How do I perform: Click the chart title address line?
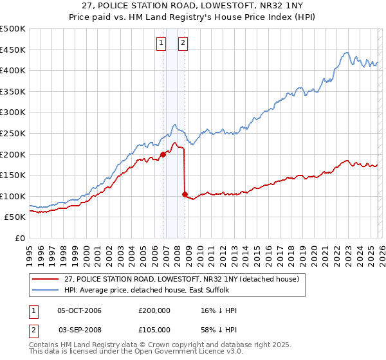coord(193,6)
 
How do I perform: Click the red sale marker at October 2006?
coord(163,154)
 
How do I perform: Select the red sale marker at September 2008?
coord(185,194)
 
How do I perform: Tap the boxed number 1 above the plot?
coord(160,43)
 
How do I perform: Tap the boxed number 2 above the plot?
coord(183,43)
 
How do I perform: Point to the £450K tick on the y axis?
coord(13,50)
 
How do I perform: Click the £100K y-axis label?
coord(13,196)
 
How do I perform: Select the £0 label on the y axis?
coord(21,239)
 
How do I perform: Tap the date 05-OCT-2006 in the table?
coord(79,310)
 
